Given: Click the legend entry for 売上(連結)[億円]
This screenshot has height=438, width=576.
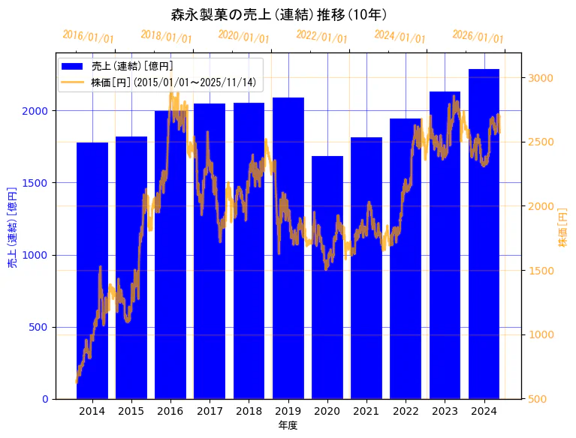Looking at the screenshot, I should [132, 67].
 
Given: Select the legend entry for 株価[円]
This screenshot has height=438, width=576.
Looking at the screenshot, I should [173, 82].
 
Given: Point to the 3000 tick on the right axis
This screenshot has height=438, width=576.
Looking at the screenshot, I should [541, 78].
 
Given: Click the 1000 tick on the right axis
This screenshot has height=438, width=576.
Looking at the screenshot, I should [541, 334].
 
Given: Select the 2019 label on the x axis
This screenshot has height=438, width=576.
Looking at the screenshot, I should [288, 411].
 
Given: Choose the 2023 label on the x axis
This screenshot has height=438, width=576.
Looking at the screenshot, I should [445, 411].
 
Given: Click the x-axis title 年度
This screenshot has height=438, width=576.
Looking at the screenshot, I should [288, 425].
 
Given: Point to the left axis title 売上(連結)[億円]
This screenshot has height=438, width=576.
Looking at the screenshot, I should [12, 226].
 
